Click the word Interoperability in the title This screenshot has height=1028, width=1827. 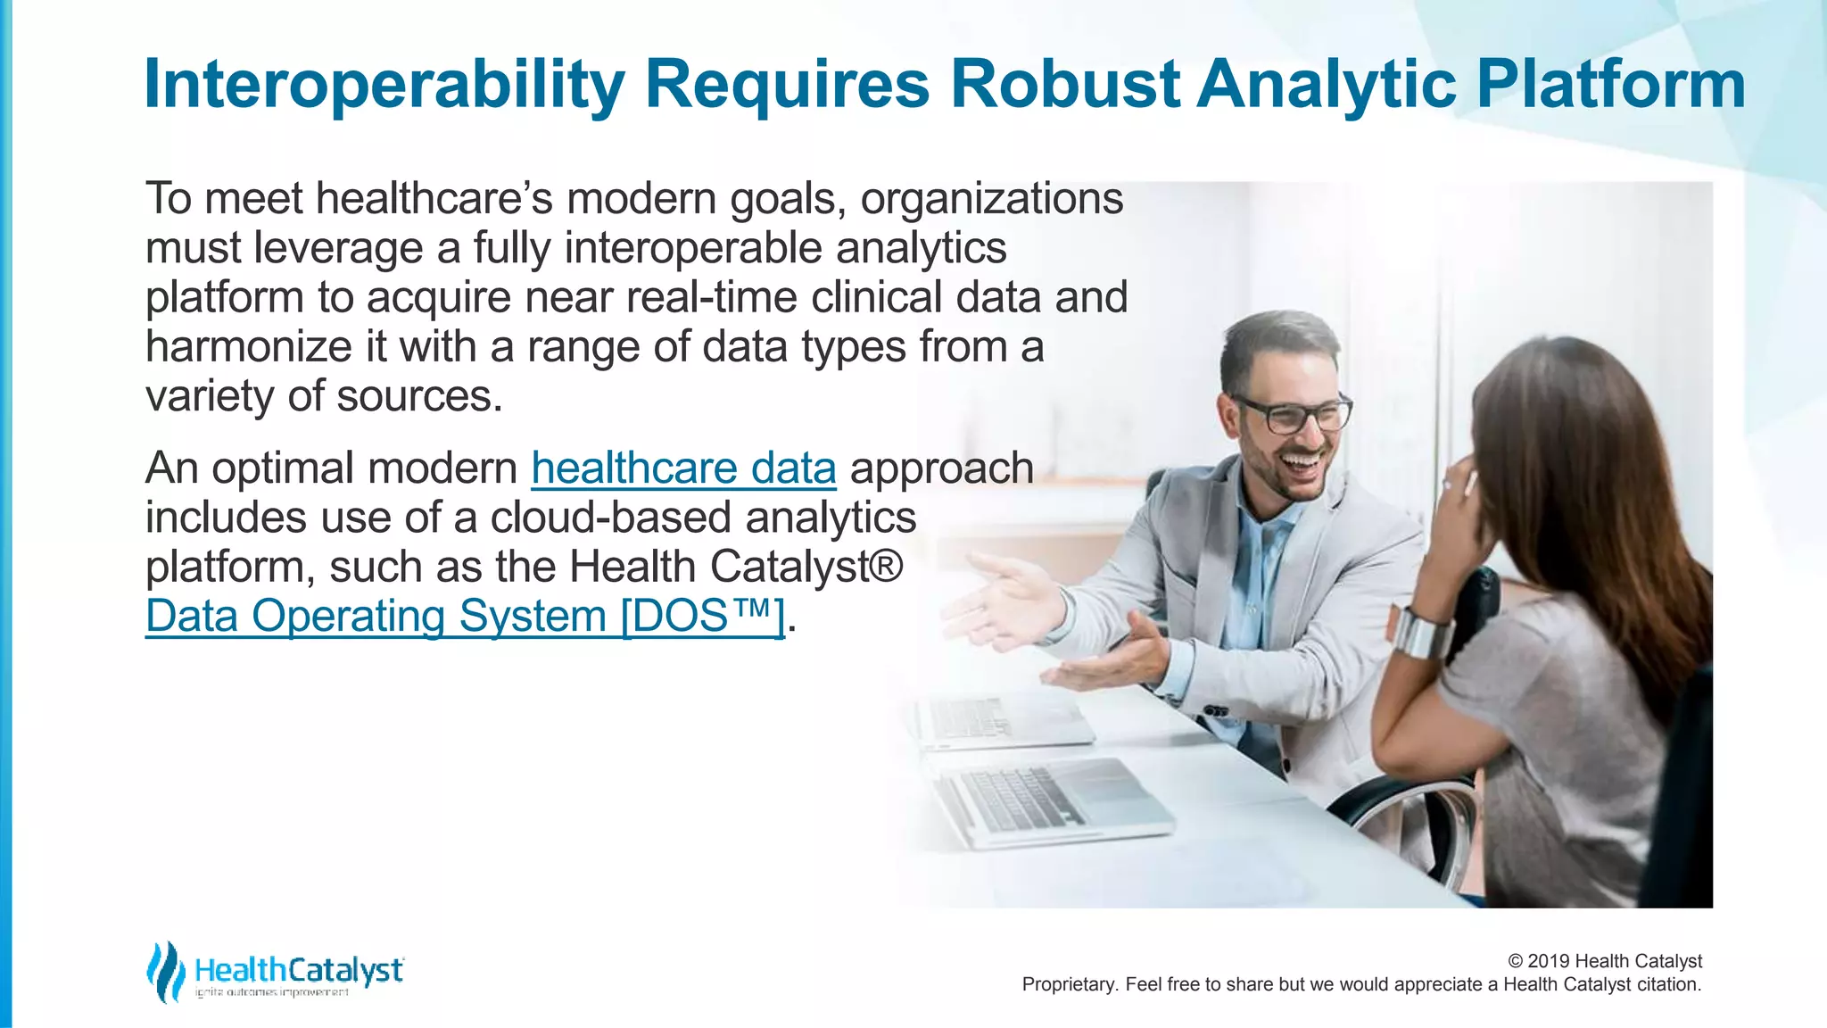coord(384,85)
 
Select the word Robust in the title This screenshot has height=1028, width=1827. coord(1065,85)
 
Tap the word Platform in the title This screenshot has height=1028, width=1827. coord(1610,85)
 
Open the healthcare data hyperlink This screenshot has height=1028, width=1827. coord(683,468)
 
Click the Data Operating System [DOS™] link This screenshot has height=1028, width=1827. coord(464,617)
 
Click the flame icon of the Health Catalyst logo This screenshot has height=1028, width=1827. coord(165,971)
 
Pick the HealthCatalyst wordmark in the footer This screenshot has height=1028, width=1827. coord(299,969)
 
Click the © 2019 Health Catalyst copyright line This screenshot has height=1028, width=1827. coord(1604,961)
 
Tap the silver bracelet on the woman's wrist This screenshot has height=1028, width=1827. coord(1420,632)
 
